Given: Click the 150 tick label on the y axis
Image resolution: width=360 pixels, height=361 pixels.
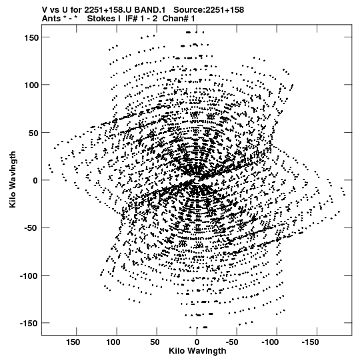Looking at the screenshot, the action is pos(31,37).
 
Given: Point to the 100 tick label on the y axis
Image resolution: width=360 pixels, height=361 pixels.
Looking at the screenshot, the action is pos(31,85).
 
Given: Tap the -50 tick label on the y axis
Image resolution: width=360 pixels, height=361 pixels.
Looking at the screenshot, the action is pos(29,228).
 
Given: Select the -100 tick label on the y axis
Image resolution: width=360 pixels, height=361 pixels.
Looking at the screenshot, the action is pos(27,276).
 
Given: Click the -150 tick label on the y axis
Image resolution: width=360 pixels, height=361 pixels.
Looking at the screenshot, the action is pos(27,324).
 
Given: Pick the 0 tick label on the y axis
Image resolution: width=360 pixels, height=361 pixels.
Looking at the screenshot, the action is pos(35,180).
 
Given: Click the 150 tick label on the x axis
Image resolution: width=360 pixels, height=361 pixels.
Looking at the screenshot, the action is pos(73,342).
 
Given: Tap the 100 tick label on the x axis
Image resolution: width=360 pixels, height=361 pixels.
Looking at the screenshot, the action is pos(113,342).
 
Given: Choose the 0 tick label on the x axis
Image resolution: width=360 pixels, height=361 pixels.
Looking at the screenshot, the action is pos(197,342).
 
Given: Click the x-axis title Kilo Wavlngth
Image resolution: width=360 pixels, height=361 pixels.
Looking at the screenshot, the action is pos(197,351).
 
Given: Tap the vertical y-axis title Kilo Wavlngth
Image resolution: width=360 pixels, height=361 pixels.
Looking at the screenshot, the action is pos(13,179).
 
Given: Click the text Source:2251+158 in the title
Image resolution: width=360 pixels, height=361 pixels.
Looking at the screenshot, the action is pos(209,10).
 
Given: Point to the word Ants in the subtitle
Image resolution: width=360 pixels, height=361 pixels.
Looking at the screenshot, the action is pos(51,19).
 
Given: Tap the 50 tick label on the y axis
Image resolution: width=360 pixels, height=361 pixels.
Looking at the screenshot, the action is pos(33,133).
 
